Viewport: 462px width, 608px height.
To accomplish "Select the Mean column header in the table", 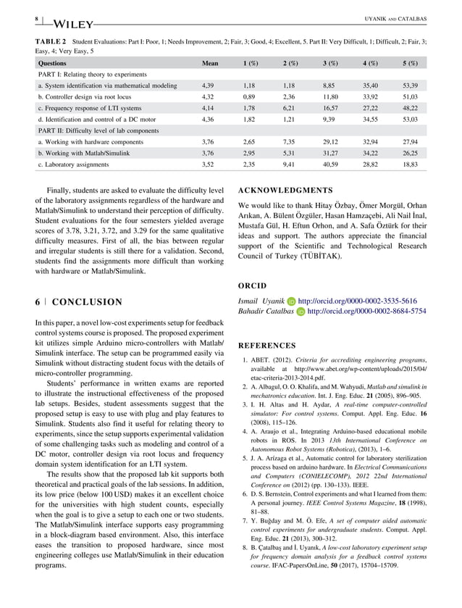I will pos(210,63).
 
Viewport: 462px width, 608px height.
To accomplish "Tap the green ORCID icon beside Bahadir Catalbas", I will pos(301,312).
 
